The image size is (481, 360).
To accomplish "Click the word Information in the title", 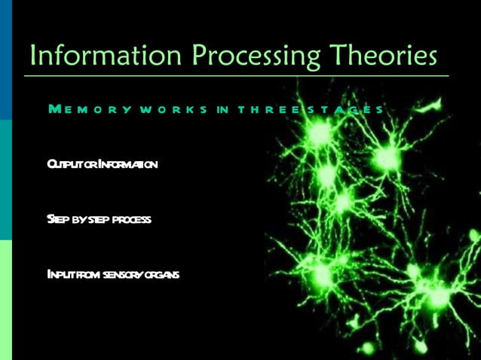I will click(x=106, y=55).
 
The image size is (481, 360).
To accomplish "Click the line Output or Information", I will click(x=102, y=163).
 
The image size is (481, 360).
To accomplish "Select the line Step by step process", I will click(x=99, y=219).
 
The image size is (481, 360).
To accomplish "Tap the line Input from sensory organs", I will click(x=112, y=274).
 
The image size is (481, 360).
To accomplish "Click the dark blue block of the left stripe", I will click(x=6, y=59).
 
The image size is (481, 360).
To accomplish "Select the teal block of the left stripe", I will click(x=6, y=179).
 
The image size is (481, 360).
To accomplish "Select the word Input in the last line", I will click(x=59, y=274).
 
